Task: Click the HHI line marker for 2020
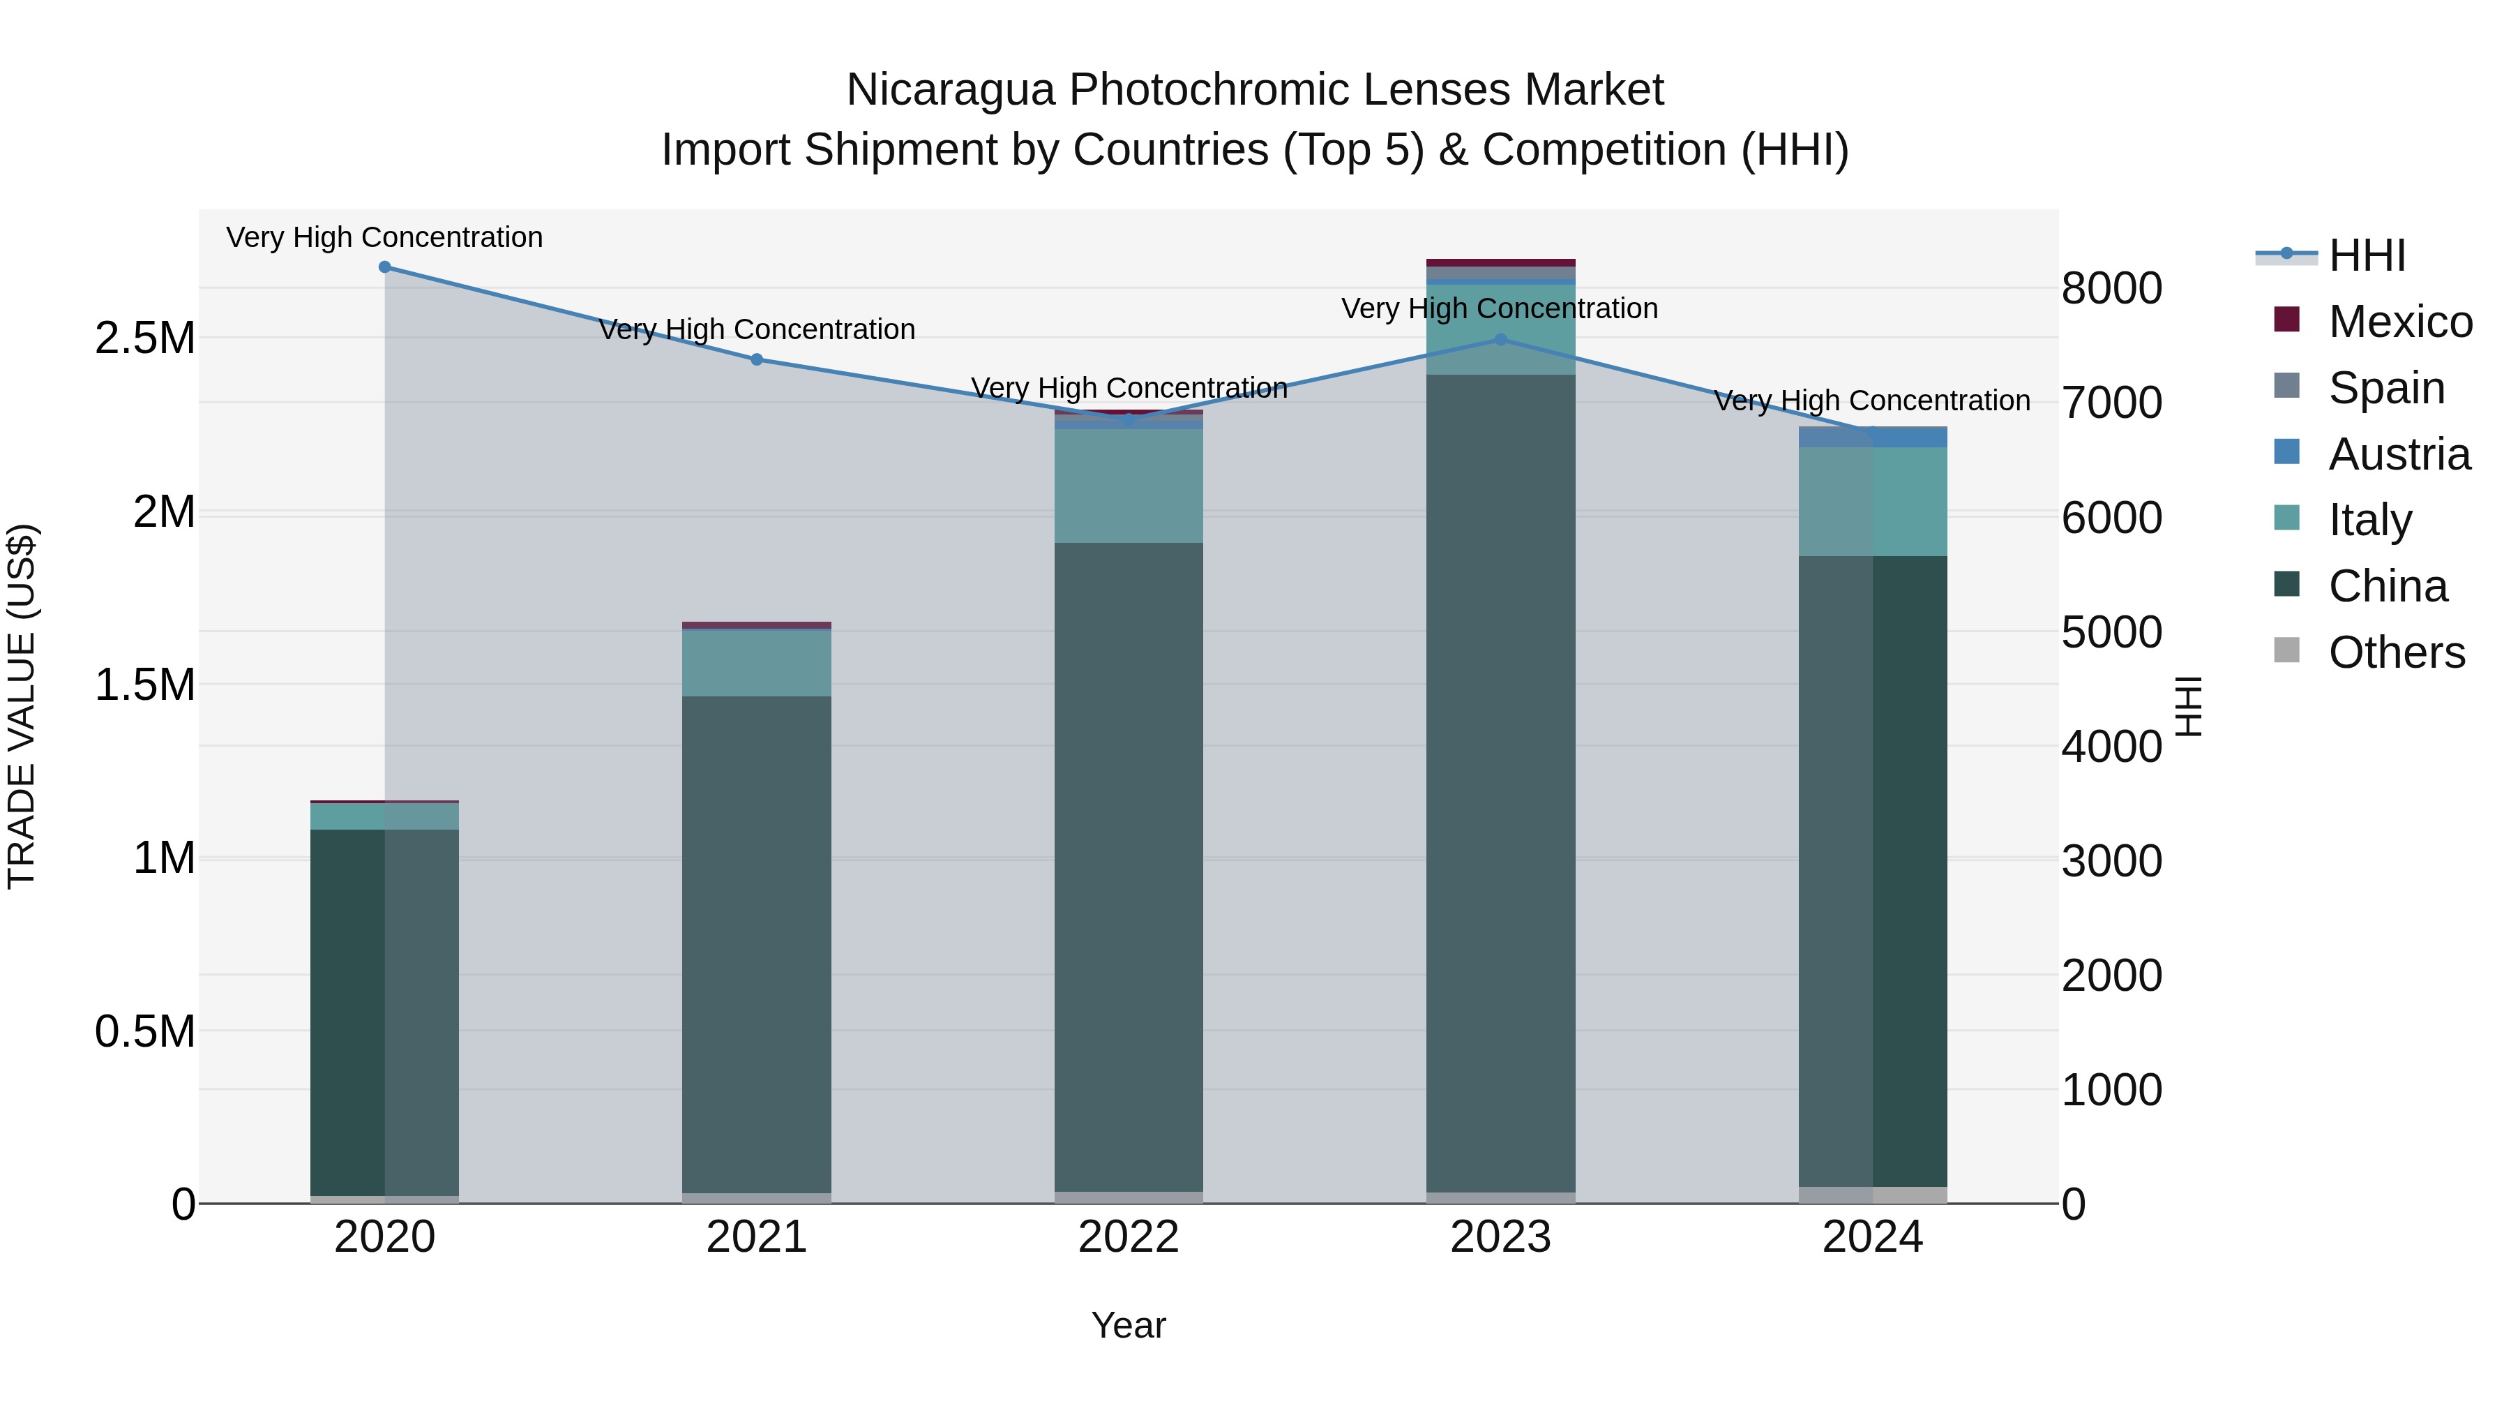click(385, 267)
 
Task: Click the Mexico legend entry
click(2400, 322)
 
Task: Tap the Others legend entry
click(2396, 652)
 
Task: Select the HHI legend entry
click(2367, 255)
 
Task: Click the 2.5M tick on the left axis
click(145, 338)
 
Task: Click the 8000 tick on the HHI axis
click(2111, 289)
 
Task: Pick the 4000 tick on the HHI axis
click(2111, 747)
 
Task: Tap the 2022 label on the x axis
click(1129, 1237)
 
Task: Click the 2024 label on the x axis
click(1873, 1237)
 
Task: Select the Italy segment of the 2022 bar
click(1129, 486)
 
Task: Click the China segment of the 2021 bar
click(756, 944)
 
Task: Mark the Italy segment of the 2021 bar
click(756, 663)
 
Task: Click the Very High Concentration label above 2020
click(385, 237)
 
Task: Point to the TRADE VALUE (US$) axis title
click(22, 706)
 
